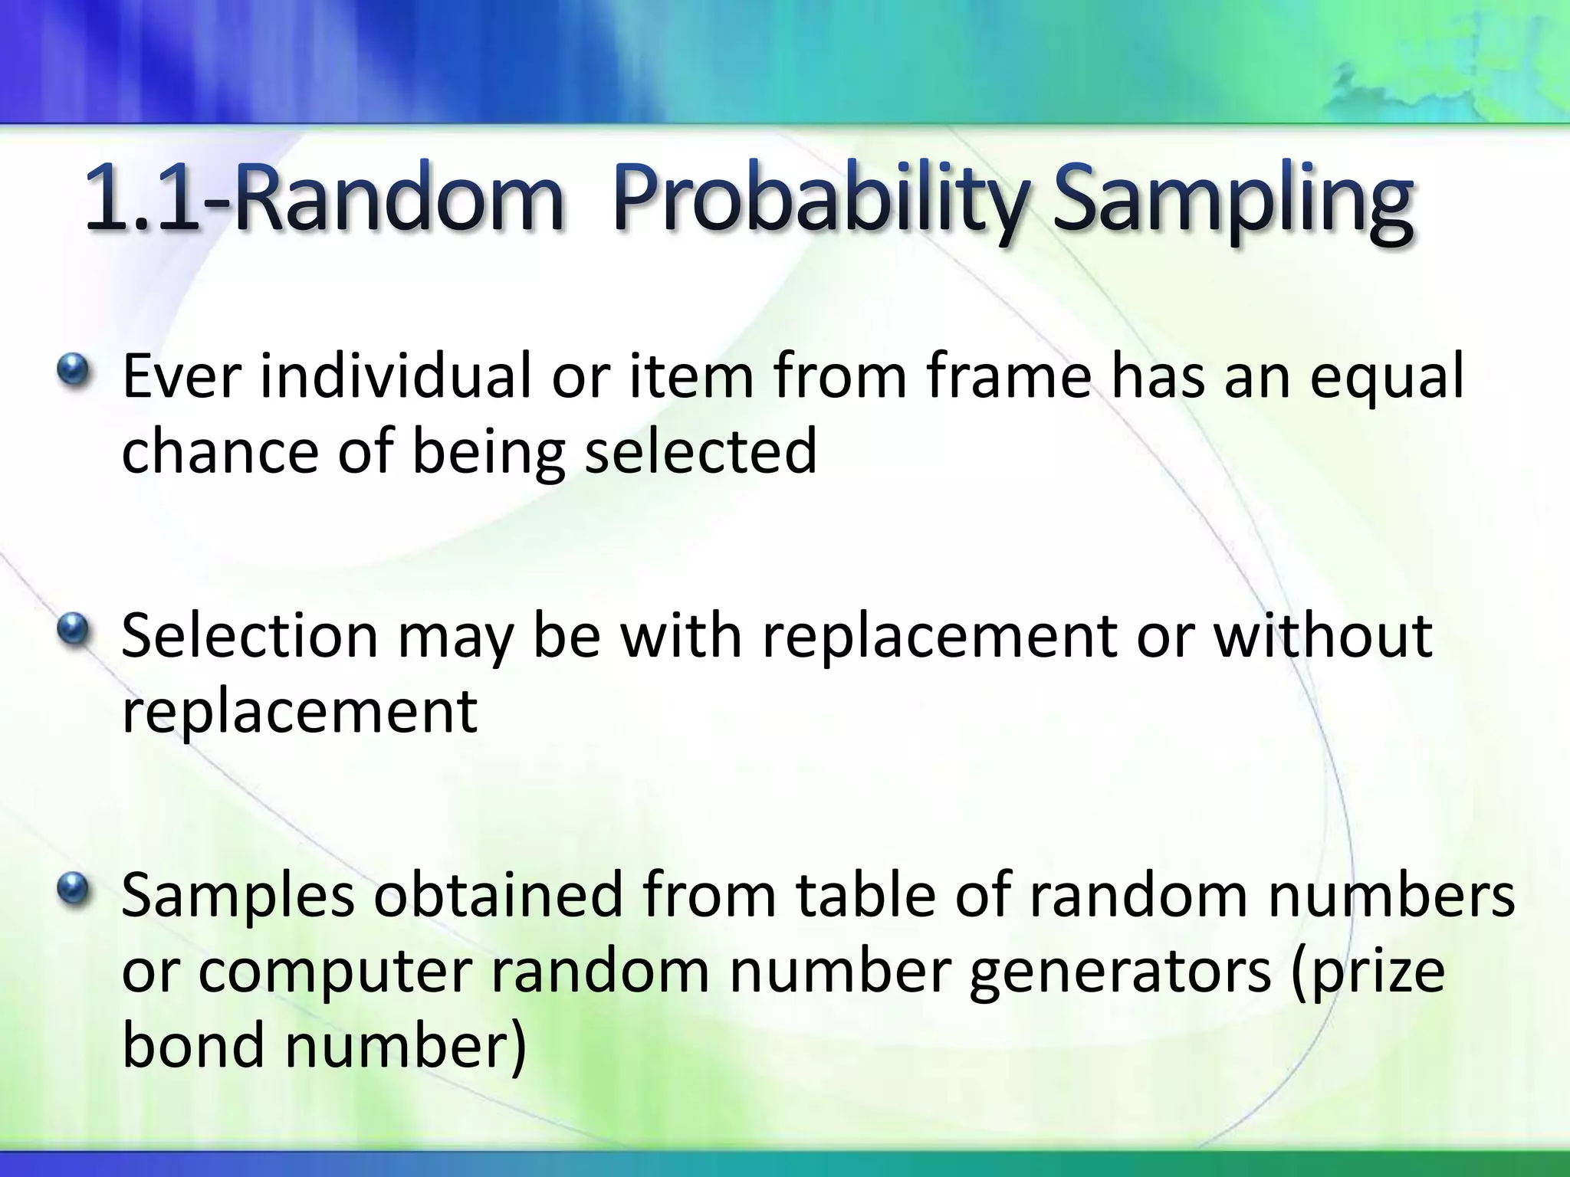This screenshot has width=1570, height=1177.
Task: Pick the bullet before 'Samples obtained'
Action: click(74, 890)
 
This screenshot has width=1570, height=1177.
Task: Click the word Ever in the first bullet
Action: click(182, 377)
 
